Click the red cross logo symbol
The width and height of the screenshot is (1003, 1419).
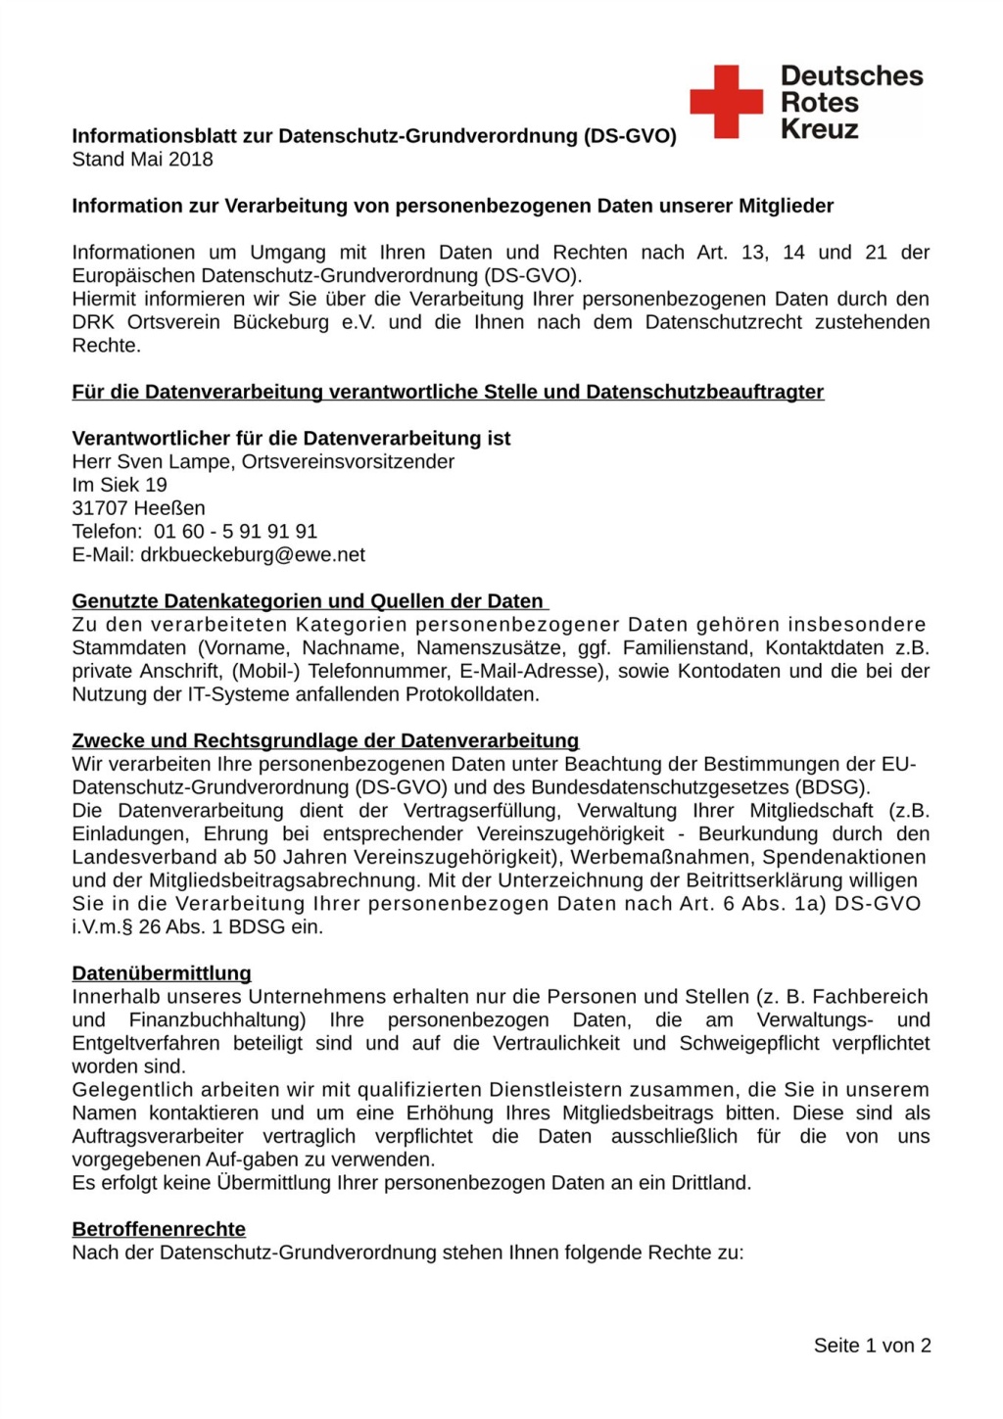[726, 101]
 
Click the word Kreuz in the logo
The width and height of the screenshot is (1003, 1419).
[819, 129]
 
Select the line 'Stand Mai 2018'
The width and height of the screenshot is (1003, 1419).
[142, 160]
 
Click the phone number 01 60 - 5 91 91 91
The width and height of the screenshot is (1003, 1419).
[235, 532]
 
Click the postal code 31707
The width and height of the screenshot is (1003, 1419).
[100, 508]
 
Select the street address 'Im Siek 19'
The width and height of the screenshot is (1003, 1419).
[119, 485]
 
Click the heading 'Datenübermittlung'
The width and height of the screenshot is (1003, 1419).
[162, 973]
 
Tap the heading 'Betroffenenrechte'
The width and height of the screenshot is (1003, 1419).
[159, 1229]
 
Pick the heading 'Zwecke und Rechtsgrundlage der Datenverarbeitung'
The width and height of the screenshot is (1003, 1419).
[325, 740]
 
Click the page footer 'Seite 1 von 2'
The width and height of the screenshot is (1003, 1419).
[872, 1346]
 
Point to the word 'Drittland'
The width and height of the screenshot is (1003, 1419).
[709, 1183]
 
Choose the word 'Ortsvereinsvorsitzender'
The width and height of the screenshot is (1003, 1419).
[348, 461]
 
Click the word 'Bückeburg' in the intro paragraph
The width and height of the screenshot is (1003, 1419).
[281, 322]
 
